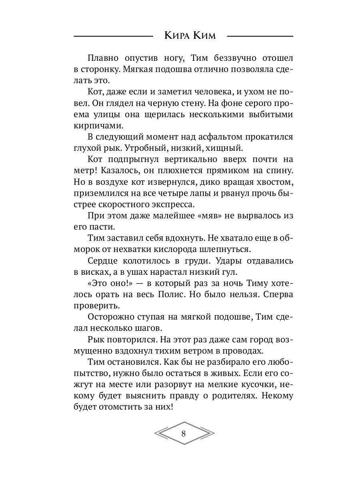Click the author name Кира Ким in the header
(190, 36)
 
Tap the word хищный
(228, 148)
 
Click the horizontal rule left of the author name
(114, 36)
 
